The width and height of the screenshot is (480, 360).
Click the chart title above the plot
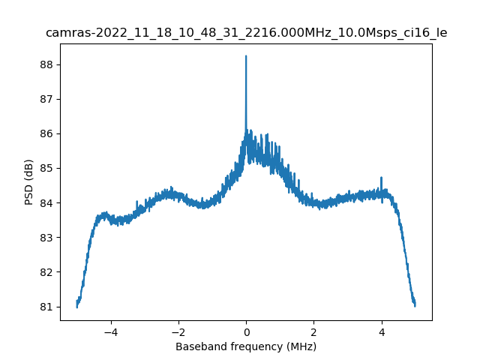[x=246, y=33]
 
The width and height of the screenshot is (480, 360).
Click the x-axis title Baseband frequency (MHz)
[x=246, y=346]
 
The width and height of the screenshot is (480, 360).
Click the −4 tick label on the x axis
[x=110, y=331]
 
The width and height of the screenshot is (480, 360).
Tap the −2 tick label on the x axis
[x=178, y=331]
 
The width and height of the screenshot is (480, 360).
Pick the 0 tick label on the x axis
[x=246, y=331]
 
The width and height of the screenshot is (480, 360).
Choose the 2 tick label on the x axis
[x=313, y=331]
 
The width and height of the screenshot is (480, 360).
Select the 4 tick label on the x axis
[x=382, y=331]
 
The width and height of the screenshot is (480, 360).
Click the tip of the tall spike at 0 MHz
[x=246, y=56]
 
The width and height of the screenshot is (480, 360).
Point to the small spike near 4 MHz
[x=382, y=178]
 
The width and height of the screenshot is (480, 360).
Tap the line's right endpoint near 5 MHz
[x=415, y=304]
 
